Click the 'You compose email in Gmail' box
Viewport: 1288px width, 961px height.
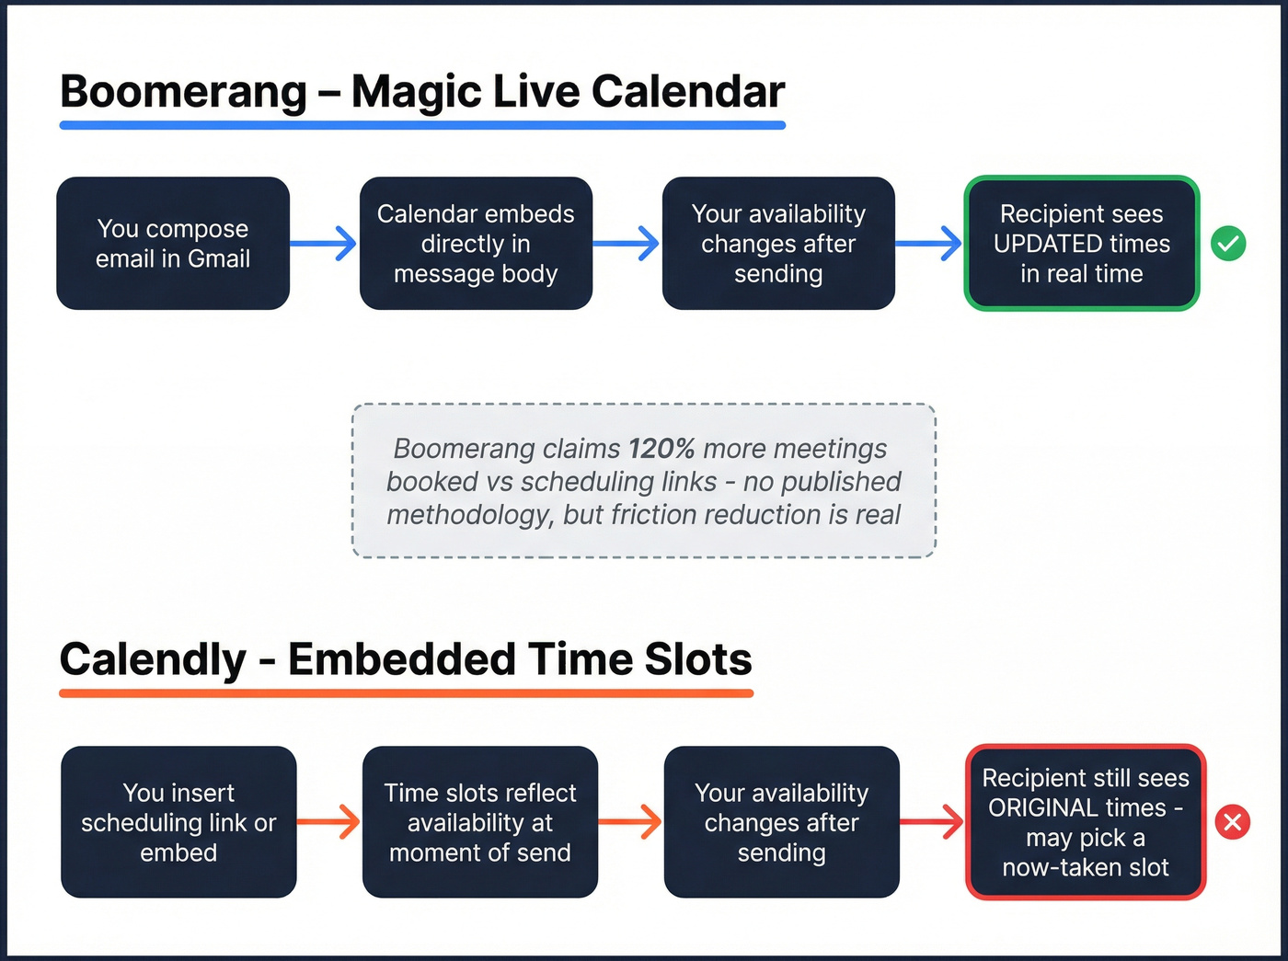173,244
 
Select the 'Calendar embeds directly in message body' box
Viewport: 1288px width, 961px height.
476,244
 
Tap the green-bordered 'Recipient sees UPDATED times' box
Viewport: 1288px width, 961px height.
1081,244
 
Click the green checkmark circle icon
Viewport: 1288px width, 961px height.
1228,244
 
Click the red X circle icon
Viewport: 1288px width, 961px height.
1233,821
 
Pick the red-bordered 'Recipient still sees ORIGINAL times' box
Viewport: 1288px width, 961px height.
1086,821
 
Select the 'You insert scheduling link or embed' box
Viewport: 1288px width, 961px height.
178,821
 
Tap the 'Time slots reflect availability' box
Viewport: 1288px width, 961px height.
479,821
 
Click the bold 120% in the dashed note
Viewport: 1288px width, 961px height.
661,449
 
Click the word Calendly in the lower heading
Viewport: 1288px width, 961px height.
153,659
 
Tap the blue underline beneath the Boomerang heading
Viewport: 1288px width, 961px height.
422,125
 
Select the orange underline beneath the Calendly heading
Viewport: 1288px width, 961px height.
406,692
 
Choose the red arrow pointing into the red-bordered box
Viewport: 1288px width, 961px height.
932,821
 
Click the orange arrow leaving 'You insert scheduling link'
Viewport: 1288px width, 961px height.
328,821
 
